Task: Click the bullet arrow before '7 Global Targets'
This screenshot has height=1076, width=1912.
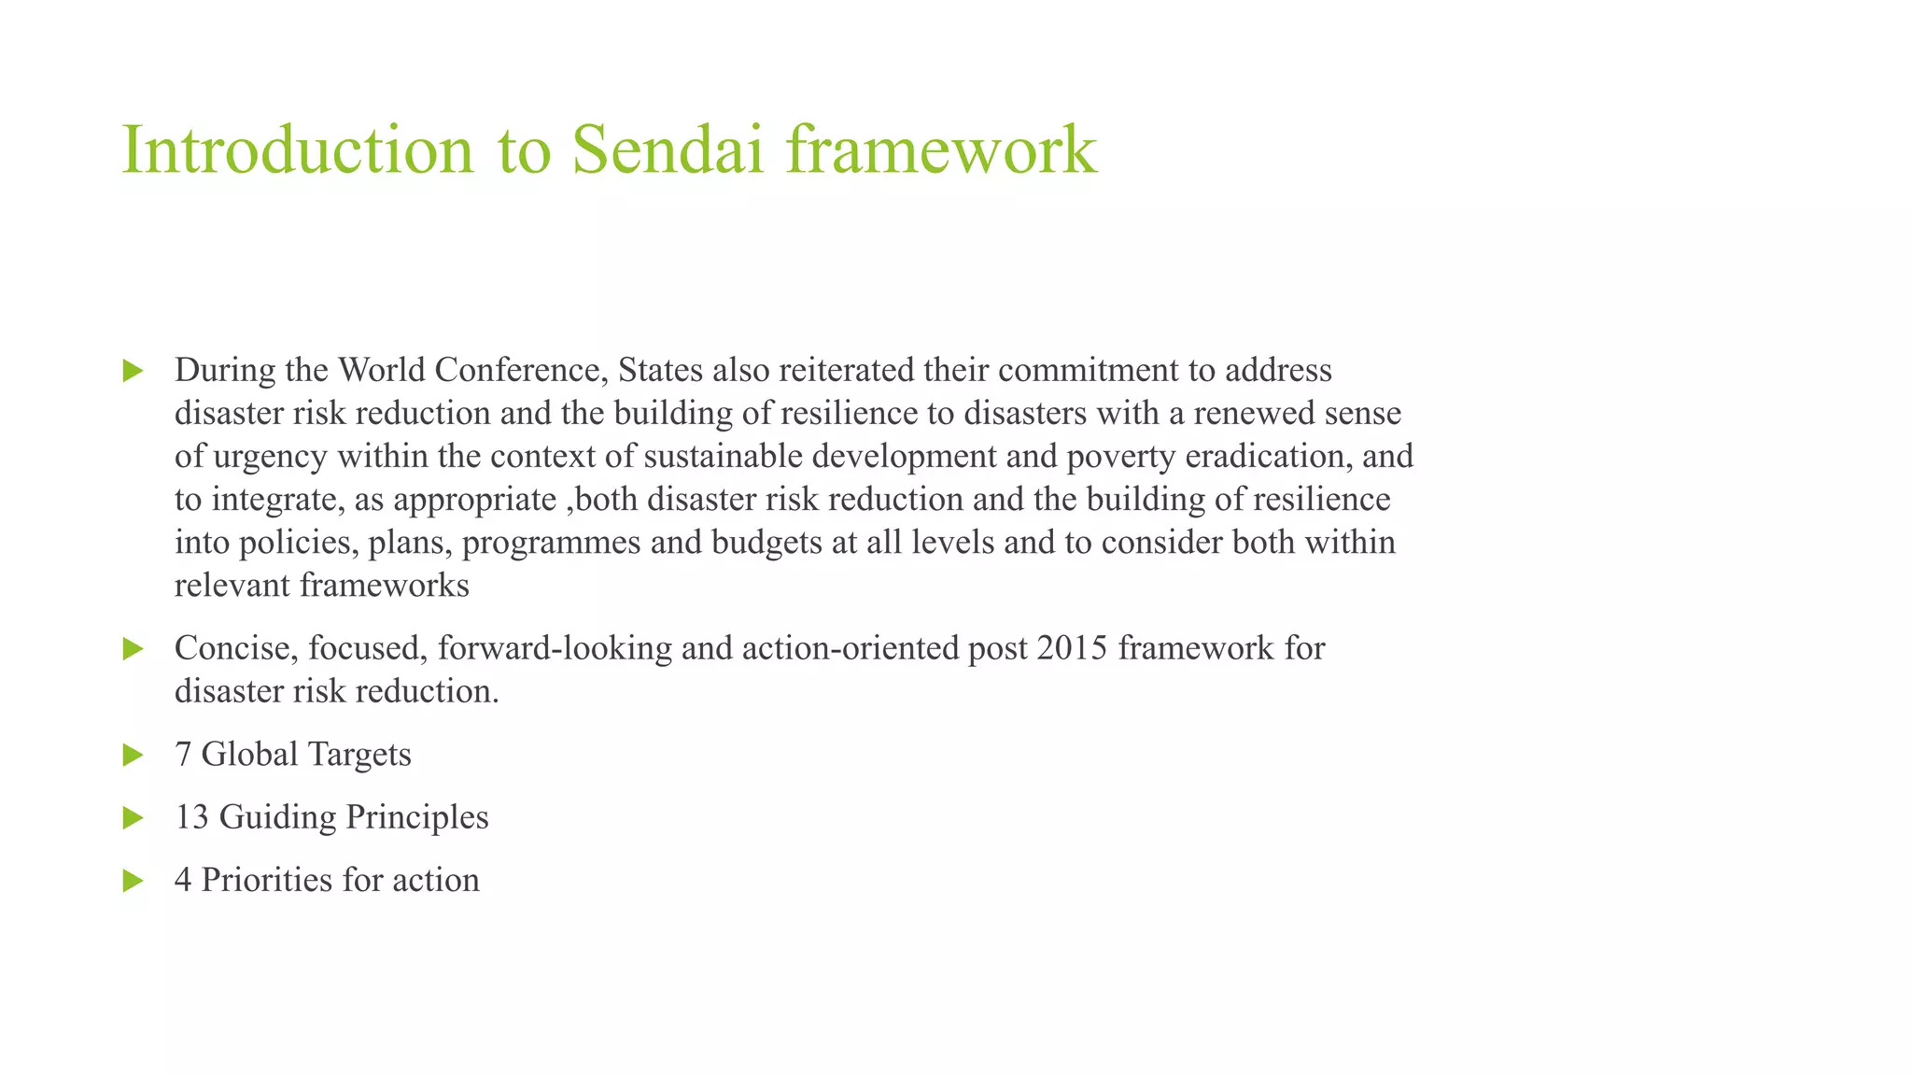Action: [133, 755]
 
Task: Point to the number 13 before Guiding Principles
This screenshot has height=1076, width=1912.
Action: [191, 817]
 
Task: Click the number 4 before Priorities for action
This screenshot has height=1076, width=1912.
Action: [183, 880]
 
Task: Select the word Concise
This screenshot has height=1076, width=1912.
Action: [236, 647]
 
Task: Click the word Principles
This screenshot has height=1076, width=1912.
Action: [417, 817]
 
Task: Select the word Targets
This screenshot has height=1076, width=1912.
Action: [358, 755]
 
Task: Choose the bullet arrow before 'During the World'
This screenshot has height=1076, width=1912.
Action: [133, 371]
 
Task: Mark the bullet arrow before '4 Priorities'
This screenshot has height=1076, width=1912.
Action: [133, 880]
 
